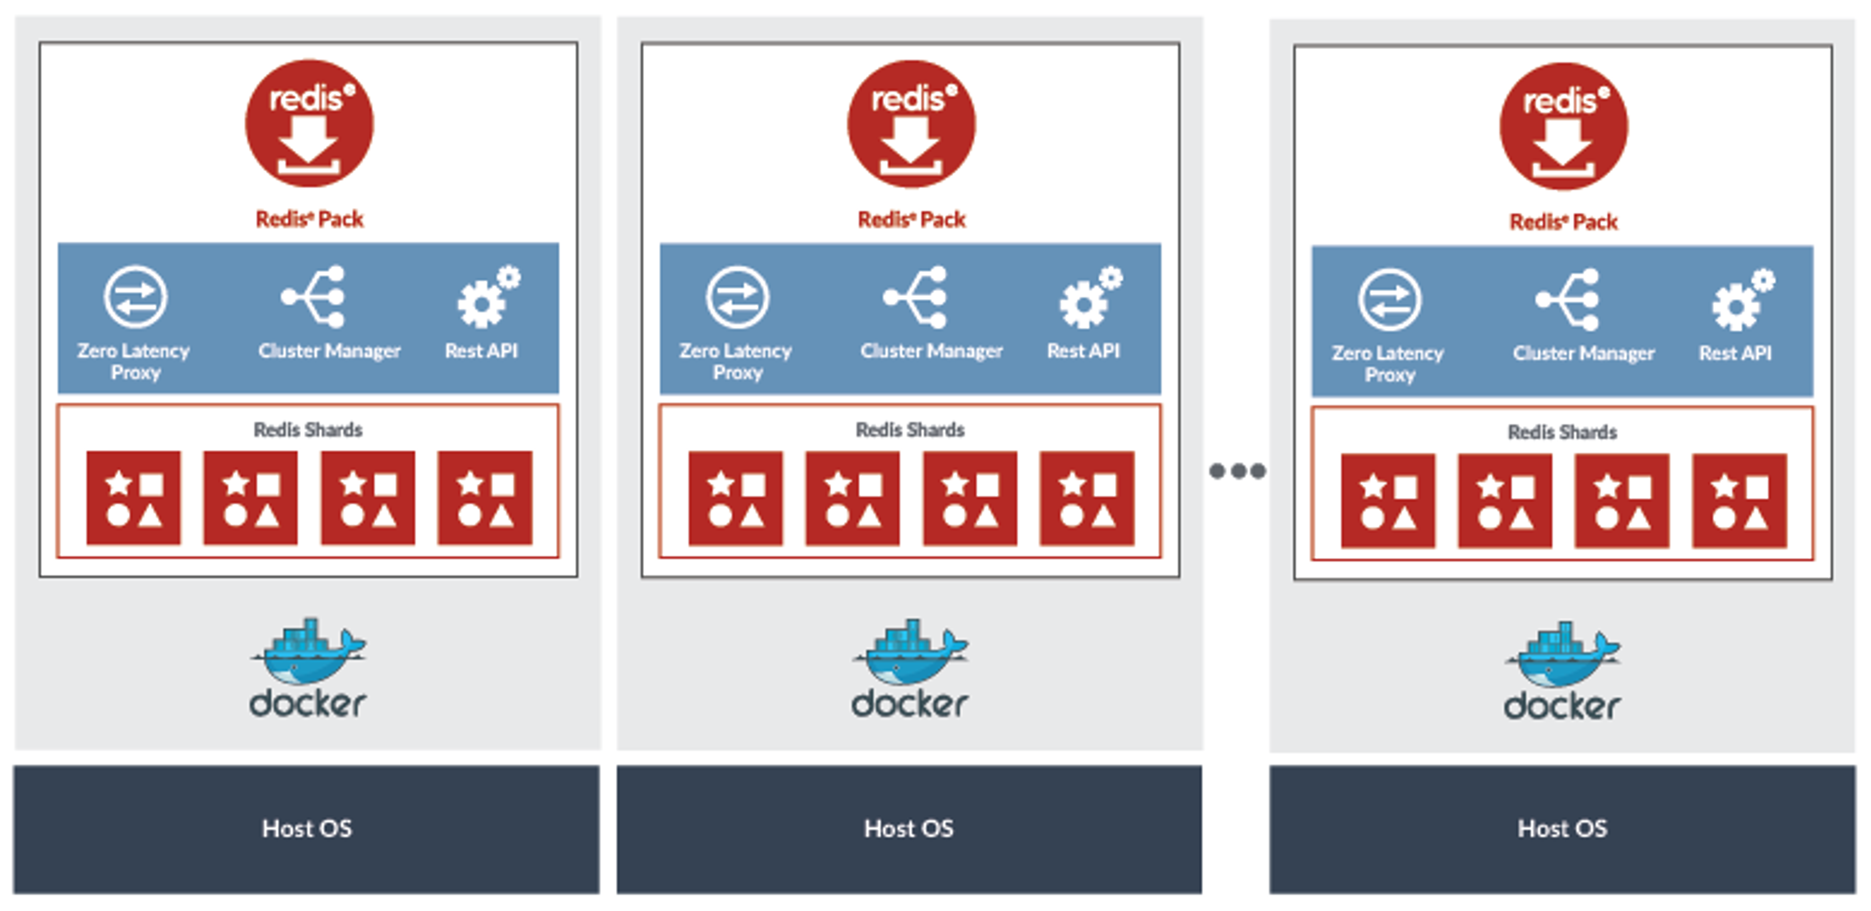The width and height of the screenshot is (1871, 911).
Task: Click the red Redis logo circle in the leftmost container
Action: [309, 123]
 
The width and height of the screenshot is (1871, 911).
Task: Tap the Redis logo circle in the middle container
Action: [912, 124]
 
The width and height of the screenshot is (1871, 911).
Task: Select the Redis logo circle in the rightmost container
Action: [1564, 126]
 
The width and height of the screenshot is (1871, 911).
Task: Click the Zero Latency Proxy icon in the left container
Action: [135, 297]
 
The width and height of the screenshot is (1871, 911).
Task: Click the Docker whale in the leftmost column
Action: [308, 652]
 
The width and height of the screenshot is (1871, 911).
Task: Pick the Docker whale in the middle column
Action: [910, 652]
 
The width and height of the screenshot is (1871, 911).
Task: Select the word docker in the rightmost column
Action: [1562, 706]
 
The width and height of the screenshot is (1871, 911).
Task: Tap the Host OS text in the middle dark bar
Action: [909, 828]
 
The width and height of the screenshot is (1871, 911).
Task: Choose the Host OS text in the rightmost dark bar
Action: [1562, 828]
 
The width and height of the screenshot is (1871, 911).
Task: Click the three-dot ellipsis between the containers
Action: [1238, 471]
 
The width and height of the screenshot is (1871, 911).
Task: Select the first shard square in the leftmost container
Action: [134, 497]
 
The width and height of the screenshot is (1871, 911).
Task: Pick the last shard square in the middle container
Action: [1087, 498]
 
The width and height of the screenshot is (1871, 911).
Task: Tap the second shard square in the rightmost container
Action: [1505, 500]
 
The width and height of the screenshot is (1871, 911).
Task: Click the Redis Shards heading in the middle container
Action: [910, 430]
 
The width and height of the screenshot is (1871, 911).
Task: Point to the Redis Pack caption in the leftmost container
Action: [309, 219]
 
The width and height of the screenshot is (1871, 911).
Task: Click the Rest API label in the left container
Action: [481, 352]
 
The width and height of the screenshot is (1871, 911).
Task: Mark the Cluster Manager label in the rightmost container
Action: [1584, 353]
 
